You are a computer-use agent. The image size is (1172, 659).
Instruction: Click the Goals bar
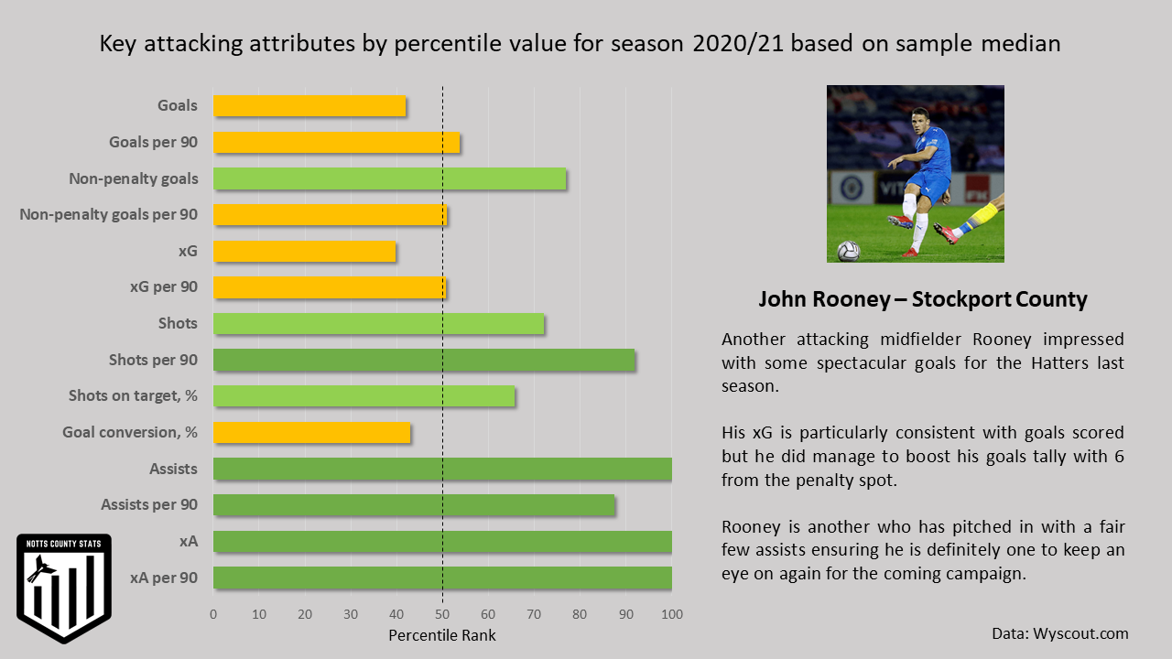(x=309, y=106)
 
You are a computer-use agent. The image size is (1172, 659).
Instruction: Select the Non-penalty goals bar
(x=389, y=178)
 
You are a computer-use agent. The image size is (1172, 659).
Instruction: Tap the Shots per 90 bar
(x=424, y=360)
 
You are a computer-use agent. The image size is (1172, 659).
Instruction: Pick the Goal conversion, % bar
(x=311, y=432)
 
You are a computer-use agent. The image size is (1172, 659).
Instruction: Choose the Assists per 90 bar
(x=414, y=504)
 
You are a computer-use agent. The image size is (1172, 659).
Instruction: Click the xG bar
(x=304, y=251)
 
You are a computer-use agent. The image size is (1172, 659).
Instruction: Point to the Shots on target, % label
(x=133, y=395)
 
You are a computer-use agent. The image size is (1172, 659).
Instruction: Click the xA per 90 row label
(x=164, y=578)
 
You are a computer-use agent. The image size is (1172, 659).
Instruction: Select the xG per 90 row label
(x=164, y=286)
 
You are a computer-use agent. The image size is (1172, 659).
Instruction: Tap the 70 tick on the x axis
(x=534, y=613)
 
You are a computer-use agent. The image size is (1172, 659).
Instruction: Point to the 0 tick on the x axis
(x=213, y=613)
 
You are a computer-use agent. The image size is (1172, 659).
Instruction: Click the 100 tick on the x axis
(x=671, y=613)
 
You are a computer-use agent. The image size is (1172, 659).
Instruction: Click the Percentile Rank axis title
(x=442, y=635)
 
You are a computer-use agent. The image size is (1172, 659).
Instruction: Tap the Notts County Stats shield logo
(x=64, y=587)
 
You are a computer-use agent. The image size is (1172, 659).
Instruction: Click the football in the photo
(x=849, y=251)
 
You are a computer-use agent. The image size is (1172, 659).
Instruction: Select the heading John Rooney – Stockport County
(x=923, y=299)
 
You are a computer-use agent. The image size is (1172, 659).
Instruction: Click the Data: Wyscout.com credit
(x=1059, y=633)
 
